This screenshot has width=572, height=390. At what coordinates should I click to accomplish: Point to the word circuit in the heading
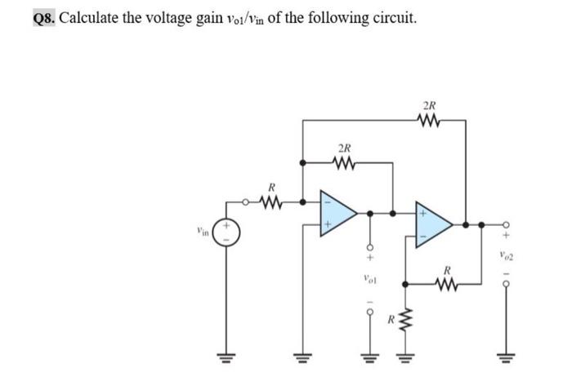(x=393, y=17)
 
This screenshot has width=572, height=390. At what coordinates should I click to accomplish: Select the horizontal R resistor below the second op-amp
(x=447, y=283)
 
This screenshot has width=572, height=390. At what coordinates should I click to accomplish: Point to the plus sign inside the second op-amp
(x=425, y=211)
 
